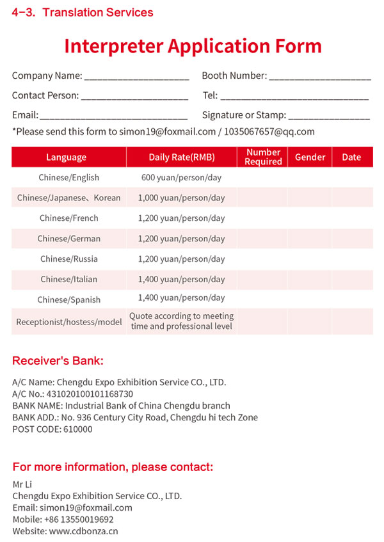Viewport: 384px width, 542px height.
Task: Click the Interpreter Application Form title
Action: [x=193, y=46]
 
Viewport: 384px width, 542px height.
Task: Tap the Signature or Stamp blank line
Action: [x=328, y=117]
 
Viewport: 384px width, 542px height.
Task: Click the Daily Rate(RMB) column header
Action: [x=182, y=157]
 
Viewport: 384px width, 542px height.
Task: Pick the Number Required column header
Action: [x=263, y=157]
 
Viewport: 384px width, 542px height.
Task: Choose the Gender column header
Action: [x=310, y=157]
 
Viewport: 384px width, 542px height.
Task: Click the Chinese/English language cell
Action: [x=69, y=178]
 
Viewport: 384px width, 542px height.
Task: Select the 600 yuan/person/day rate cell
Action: [x=182, y=178]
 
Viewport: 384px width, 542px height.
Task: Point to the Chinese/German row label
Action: [x=69, y=239]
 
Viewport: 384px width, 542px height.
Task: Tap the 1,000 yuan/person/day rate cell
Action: [x=182, y=198]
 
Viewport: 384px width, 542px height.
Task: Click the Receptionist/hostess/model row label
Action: [x=69, y=322]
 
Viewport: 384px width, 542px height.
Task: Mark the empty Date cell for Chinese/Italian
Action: [x=352, y=280]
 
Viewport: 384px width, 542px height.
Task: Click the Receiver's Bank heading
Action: [x=58, y=361]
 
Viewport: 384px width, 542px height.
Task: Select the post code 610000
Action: [x=77, y=429]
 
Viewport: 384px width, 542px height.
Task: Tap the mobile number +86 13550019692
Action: [x=82, y=520]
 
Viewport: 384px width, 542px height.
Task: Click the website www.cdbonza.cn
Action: [x=83, y=531]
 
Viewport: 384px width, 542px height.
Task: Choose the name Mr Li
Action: [x=22, y=484]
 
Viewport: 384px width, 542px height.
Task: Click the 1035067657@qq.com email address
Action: [x=269, y=132]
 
